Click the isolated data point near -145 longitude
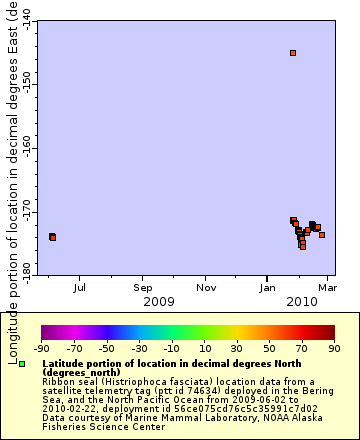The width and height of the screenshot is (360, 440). pyautogui.click(x=293, y=53)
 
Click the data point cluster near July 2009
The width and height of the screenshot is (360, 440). pyautogui.click(x=52, y=237)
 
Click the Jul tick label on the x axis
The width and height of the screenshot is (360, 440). pyautogui.click(x=80, y=288)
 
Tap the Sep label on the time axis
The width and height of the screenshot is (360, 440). pyautogui.click(x=143, y=288)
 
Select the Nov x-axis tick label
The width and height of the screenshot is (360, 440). pyautogui.click(x=206, y=288)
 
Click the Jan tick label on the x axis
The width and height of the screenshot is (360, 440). pyautogui.click(x=268, y=288)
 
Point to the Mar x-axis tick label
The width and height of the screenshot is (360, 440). pyautogui.click(x=326, y=288)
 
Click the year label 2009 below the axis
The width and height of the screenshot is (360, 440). pyautogui.click(x=159, y=301)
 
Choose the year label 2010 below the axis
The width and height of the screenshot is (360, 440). pyautogui.click(x=301, y=301)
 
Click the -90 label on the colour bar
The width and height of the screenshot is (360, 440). pyautogui.click(x=41, y=349)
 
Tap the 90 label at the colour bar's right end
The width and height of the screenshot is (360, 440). pyautogui.click(x=334, y=349)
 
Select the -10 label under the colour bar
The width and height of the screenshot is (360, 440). pyautogui.click(x=172, y=349)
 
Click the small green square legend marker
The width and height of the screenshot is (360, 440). pyautogui.click(x=22, y=363)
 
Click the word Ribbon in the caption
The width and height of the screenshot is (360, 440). pyautogui.click(x=56, y=381)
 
